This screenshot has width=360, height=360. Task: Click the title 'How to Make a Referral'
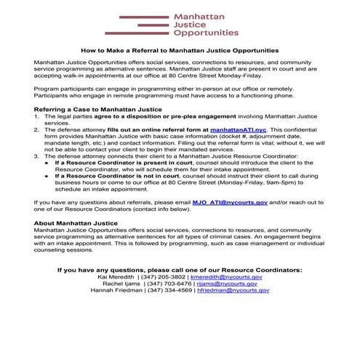(180, 51)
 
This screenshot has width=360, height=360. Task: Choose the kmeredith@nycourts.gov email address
(228, 277)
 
